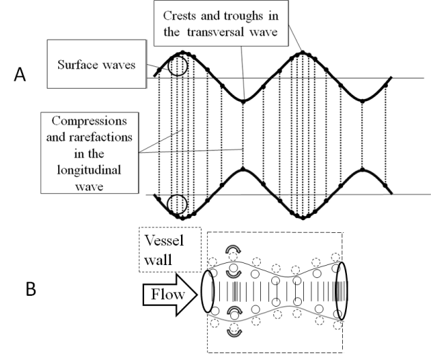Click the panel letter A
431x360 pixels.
click(20, 76)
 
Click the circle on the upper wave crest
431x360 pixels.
click(178, 66)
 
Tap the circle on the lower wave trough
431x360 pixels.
click(177, 204)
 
